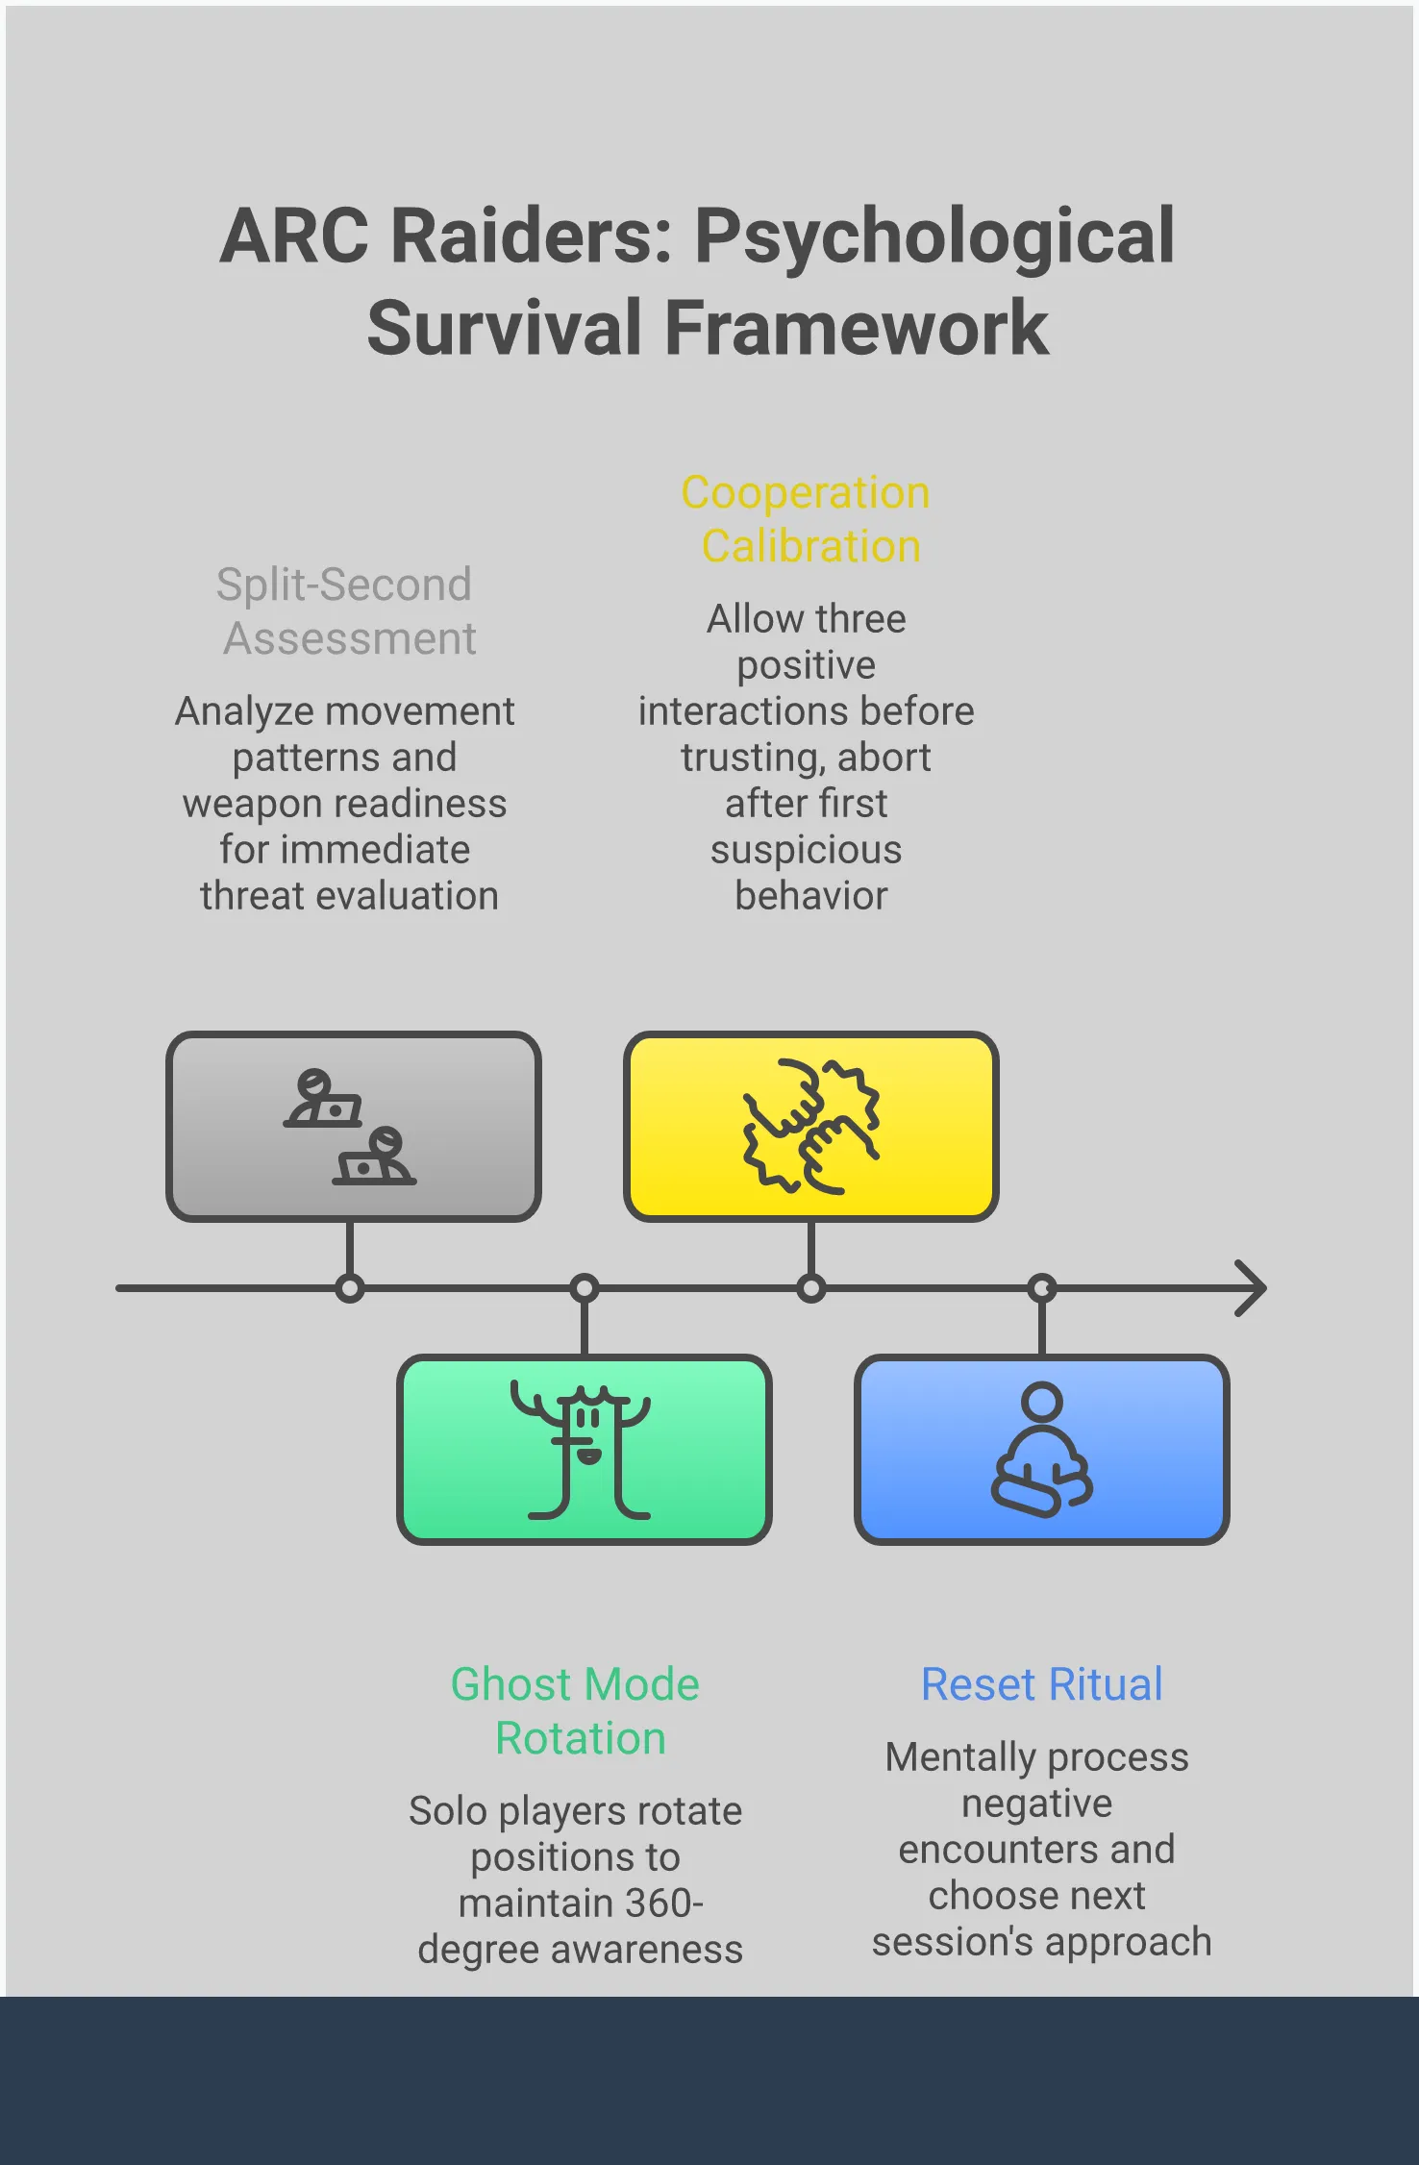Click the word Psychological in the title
point(934,237)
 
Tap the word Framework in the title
point(856,329)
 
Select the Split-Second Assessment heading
point(346,611)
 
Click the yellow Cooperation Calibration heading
point(807,519)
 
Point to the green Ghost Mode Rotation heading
point(577,1711)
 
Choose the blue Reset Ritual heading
point(1041,1684)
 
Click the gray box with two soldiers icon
point(353,1127)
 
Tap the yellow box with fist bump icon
point(810,1127)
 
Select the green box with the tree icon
point(584,1450)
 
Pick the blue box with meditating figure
point(1041,1450)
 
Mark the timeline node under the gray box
point(350,1288)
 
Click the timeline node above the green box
point(584,1288)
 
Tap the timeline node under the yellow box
point(811,1288)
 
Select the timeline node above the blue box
point(1041,1288)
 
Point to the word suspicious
point(807,850)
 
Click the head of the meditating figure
point(1041,1402)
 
